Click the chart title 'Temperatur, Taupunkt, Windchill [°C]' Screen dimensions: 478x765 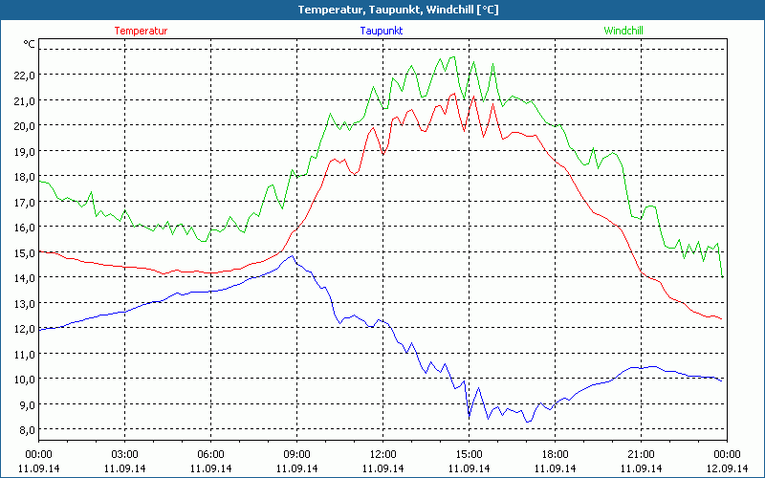(x=382, y=10)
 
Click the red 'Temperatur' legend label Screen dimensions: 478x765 (x=141, y=31)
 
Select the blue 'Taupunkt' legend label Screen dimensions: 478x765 (x=381, y=31)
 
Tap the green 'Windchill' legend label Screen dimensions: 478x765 (x=623, y=31)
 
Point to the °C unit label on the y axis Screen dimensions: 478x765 (x=29, y=44)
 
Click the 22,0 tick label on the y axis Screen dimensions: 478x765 (x=23, y=75)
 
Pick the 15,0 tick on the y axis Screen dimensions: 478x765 (x=23, y=252)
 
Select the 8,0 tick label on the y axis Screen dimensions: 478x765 (x=23, y=429)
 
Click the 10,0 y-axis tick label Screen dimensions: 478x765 (x=23, y=379)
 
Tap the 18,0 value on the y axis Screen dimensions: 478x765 (x=23, y=176)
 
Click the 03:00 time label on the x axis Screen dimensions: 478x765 (x=124, y=454)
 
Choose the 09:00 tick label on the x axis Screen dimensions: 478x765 (x=296, y=454)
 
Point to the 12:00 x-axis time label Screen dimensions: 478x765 (x=382, y=454)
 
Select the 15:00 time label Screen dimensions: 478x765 (x=469, y=454)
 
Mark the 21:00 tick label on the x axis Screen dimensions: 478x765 (x=641, y=454)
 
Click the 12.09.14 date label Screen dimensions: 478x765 (x=727, y=468)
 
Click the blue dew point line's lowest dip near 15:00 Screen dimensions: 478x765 (x=470, y=416)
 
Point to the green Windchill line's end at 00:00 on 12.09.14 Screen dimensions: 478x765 (x=723, y=275)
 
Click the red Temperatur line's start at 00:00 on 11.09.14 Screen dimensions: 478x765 (x=39, y=250)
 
